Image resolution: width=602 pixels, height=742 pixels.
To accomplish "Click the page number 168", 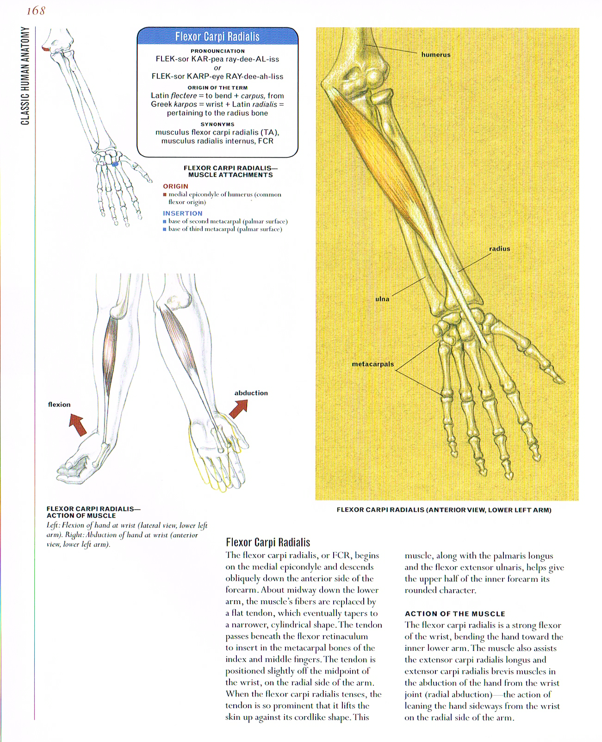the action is click(x=36, y=11).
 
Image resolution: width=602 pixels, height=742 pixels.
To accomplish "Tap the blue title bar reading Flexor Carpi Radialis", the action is click(x=217, y=37).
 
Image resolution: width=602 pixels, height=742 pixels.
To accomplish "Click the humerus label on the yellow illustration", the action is click(x=435, y=55).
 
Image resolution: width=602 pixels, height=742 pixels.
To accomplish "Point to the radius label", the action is click(x=499, y=249).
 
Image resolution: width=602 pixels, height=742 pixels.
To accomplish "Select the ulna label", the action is click(x=382, y=299).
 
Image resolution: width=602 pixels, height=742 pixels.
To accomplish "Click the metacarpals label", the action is click(x=372, y=364).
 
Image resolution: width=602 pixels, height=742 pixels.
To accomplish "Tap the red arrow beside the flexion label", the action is click(x=78, y=424).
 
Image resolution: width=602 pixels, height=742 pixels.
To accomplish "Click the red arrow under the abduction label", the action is click(x=239, y=409).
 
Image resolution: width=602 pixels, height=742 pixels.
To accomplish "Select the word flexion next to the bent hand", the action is click(x=59, y=405).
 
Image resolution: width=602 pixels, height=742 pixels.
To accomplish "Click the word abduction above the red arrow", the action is click(x=251, y=393).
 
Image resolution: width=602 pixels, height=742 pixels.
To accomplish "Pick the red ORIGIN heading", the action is click(x=175, y=186).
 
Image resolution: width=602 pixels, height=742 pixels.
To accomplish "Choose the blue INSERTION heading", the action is click(x=182, y=213).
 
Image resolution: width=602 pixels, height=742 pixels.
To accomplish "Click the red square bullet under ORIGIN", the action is click(x=165, y=195).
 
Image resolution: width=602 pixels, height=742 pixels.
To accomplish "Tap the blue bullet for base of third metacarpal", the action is click(x=165, y=230).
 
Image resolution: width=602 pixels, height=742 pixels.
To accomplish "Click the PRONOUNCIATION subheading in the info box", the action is click(x=217, y=51).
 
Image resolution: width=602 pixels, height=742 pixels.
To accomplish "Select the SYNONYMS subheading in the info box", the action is click(x=217, y=124).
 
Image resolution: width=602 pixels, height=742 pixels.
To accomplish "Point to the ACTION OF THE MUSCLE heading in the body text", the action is click(x=455, y=614).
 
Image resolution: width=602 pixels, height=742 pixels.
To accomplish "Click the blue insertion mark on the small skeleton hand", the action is click(x=115, y=164).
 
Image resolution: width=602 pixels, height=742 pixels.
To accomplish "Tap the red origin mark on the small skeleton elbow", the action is click(x=45, y=49).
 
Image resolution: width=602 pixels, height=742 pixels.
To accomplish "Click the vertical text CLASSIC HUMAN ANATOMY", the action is click(x=25, y=76).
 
